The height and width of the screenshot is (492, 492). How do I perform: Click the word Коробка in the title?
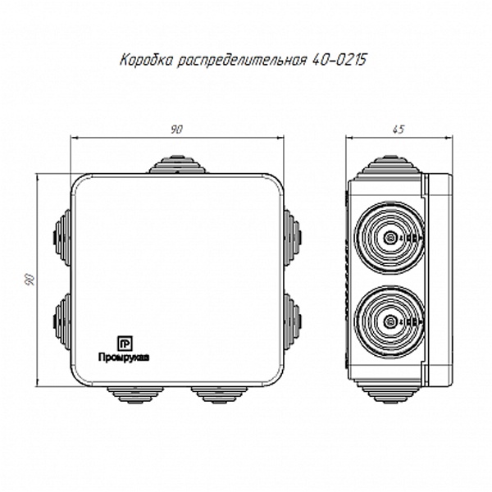tap(146, 60)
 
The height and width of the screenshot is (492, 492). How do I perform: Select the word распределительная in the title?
tap(242, 61)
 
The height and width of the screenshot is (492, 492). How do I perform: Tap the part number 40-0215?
tap(339, 60)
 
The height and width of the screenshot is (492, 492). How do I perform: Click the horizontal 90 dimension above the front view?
tap(176, 130)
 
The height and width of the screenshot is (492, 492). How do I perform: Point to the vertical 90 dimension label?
tap(30, 280)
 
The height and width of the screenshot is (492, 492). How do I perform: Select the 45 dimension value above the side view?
tap(399, 130)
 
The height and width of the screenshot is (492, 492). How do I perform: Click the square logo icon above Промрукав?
tap(125, 344)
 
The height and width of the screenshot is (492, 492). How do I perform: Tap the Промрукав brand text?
tap(124, 358)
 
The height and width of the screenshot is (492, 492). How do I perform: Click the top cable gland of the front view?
tap(177, 164)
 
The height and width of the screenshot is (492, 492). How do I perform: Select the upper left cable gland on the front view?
tap(63, 237)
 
